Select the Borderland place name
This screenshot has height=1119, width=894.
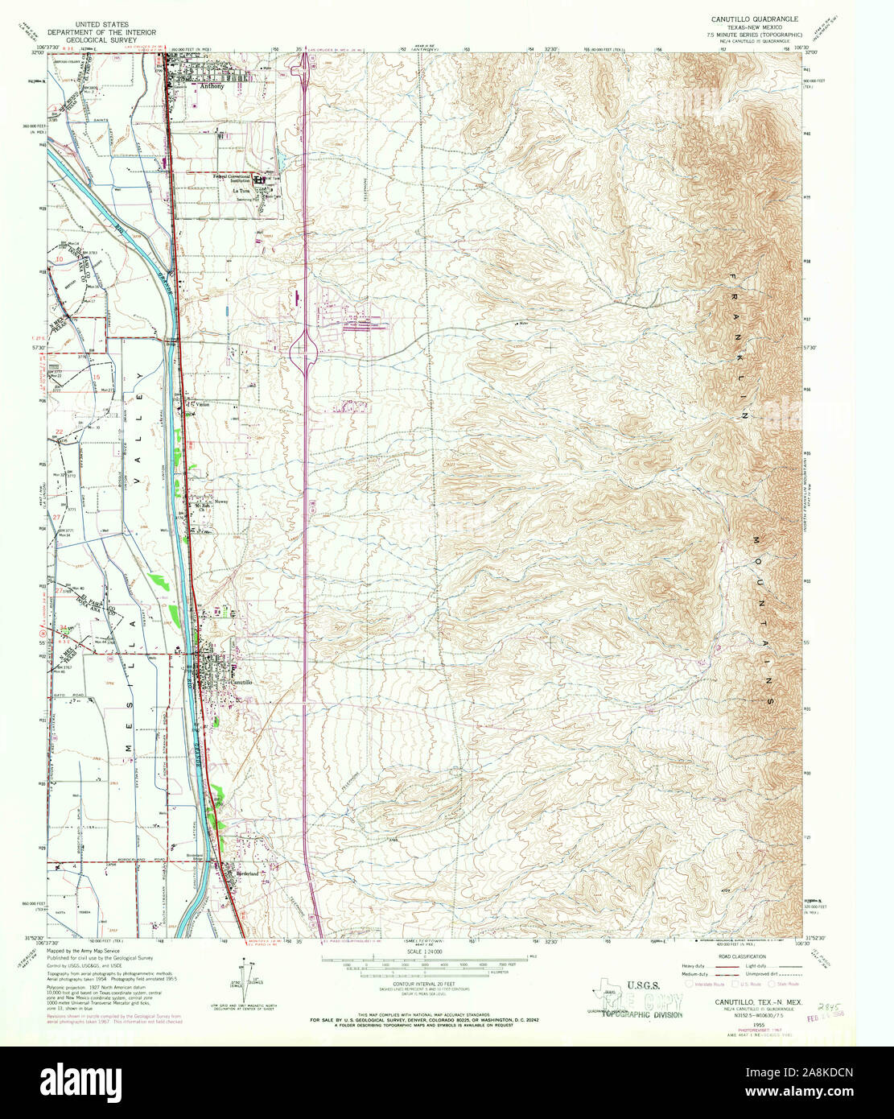(x=245, y=874)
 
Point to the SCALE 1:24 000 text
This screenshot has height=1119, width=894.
(x=418, y=952)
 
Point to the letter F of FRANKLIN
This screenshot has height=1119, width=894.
(x=733, y=278)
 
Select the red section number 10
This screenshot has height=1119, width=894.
(x=60, y=259)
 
